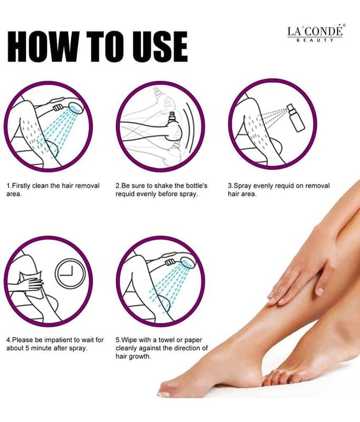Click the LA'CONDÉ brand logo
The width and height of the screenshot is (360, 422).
pos(316,33)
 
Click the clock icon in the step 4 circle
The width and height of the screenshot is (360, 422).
pos(70,273)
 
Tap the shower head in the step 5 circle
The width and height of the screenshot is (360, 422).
pos(188,263)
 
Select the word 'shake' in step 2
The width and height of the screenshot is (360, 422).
pos(163,186)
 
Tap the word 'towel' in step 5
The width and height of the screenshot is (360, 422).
pos(167,340)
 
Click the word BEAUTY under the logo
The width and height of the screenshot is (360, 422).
pos(315,40)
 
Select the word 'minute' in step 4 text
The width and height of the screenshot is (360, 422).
pos(41,348)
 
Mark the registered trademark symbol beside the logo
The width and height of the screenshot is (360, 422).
pos(344,25)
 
